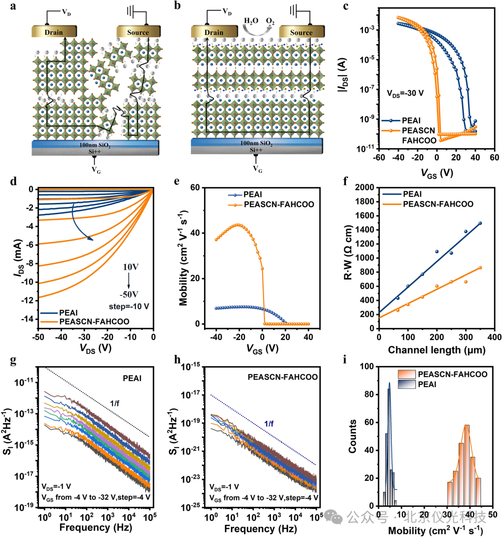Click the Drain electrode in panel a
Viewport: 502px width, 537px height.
(x=53, y=32)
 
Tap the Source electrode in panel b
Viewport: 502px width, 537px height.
(x=301, y=32)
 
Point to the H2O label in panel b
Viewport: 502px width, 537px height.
(x=251, y=21)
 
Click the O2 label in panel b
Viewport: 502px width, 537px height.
(x=270, y=21)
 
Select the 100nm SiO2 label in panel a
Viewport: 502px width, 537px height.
(x=95, y=145)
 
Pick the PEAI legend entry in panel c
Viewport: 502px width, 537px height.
(x=410, y=120)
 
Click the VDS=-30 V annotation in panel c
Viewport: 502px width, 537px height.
(x=405, y=93)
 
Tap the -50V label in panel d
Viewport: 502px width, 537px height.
(x=129, y=295)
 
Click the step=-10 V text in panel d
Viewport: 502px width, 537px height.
(x=129, y=307)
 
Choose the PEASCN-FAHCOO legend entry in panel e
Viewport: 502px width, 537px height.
(x=278, y=204)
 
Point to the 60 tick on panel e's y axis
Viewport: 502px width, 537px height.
(x=195, y=188)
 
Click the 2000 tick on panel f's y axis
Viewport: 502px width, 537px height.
(x=364, y=188)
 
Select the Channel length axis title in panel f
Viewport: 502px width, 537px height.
(x=436, y=350)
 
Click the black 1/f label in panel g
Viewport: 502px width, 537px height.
(x=114, y=403)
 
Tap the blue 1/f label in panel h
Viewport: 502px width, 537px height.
(x=269, y=423)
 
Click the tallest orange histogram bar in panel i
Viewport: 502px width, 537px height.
(x=467, y=465)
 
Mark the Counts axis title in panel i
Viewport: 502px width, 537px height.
(x=353, y=436)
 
